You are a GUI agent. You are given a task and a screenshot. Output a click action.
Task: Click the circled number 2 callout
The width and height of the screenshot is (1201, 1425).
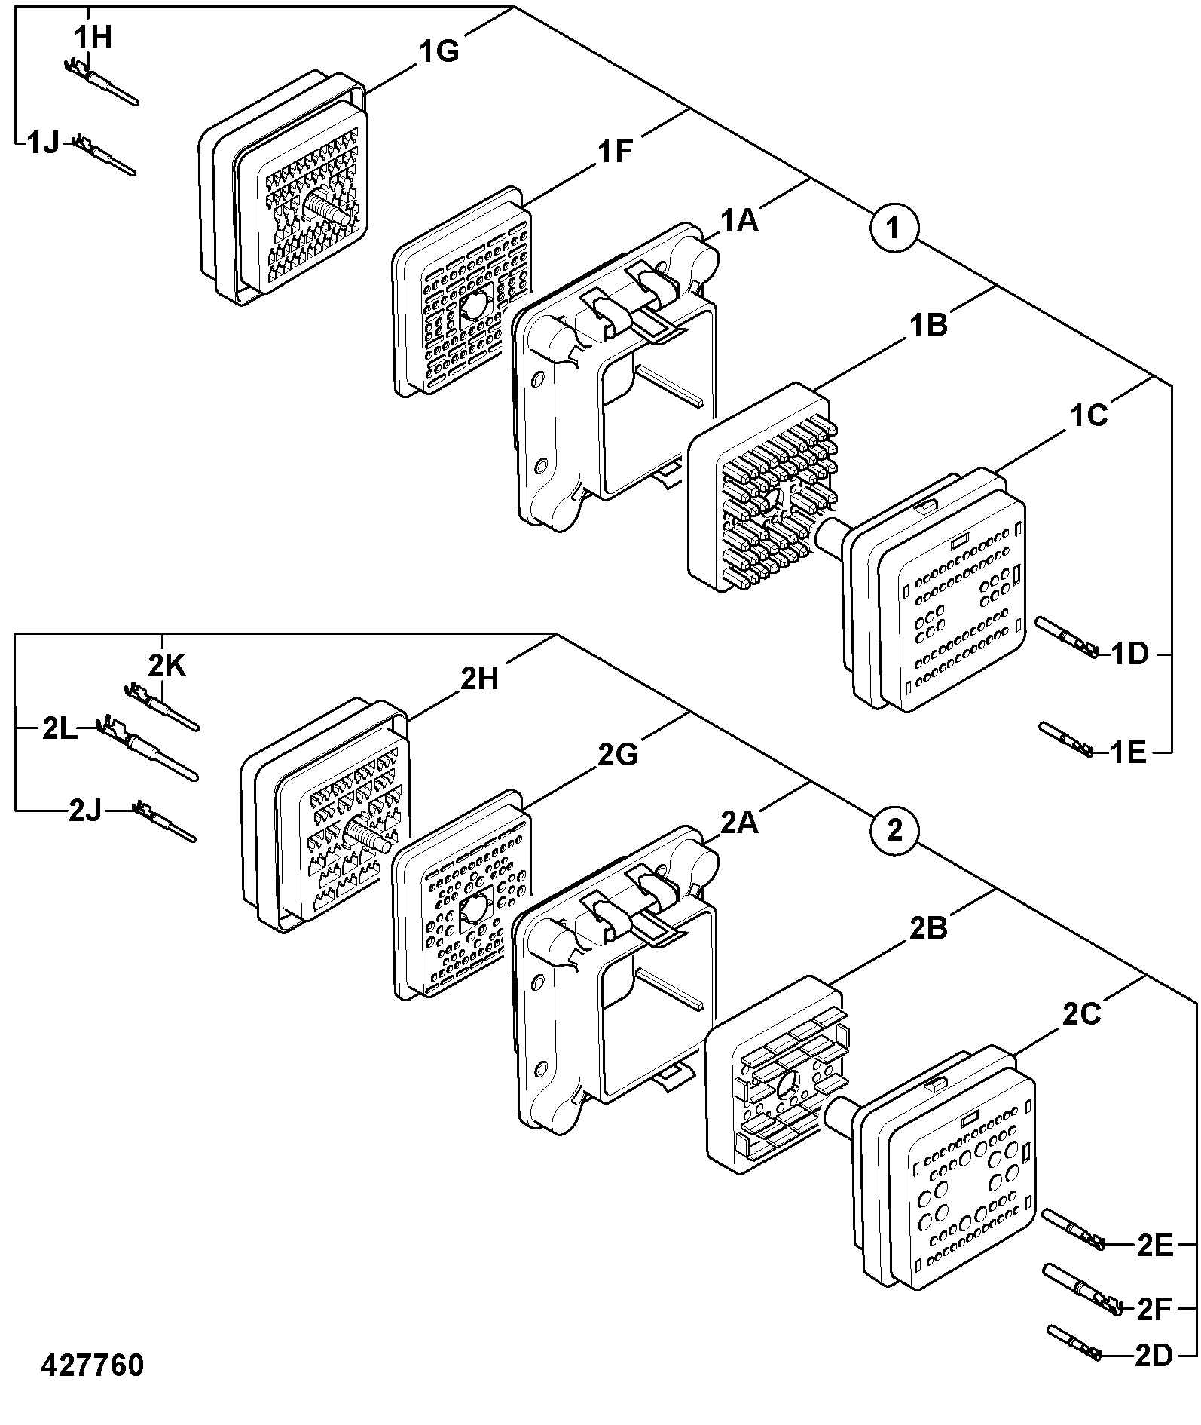[x=894, y=831]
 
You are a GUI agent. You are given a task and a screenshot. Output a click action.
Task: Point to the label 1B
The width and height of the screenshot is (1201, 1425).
[x=928, y=326]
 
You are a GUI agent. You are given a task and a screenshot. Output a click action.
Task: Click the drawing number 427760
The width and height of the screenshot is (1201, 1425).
[x=92, y=1365]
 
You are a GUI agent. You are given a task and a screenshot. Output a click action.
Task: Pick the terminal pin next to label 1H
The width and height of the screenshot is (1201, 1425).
[x=100, y=81]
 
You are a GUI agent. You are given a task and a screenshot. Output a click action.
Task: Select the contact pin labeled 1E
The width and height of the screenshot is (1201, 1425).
[x=1066, y=740]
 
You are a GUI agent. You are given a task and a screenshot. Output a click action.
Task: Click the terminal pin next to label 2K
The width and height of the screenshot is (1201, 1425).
[x=161, y=706]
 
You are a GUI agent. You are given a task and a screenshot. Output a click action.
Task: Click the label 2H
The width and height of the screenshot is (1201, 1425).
[x=479, y=679]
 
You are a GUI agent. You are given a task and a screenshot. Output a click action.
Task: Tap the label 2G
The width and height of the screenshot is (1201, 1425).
[x=618, y=754]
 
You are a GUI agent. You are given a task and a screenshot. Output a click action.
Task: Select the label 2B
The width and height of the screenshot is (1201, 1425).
[x=928, y=929]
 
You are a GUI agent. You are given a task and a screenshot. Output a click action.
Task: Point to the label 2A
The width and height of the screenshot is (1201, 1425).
[x=738, y=823]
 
